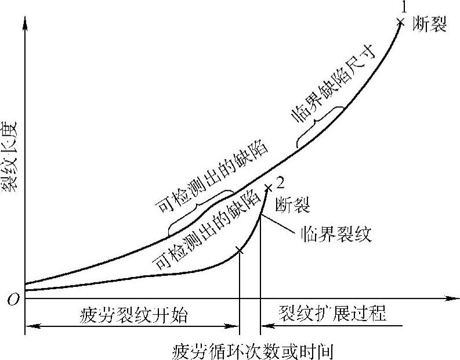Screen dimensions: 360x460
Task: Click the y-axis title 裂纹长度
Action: [x=13, y=156]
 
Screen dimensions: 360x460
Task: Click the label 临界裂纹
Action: [x=336, y=235]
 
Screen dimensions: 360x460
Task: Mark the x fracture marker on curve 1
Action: [x=400, y=22]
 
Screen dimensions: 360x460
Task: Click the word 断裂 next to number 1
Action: [x=430, y=25]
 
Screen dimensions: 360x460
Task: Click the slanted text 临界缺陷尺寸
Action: [x=334, y=88]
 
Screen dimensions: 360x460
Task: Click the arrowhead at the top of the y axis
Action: [x=25, y=22]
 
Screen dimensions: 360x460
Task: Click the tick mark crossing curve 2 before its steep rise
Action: [x=240, y=251]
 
